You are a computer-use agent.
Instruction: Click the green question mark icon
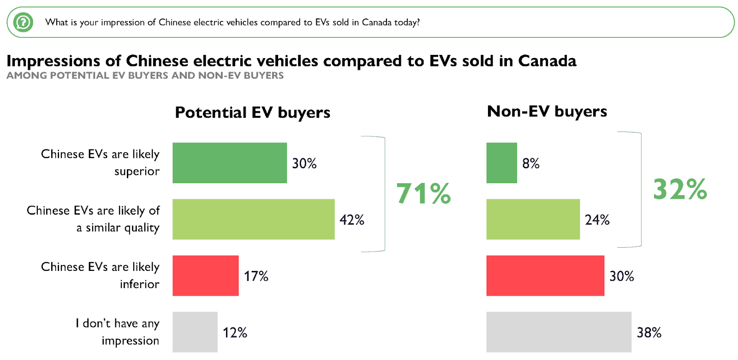23,22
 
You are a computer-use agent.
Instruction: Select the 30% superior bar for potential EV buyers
230,163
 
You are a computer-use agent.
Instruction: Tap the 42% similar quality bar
253,219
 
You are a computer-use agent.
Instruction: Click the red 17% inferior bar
206,276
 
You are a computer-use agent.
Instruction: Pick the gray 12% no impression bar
195,332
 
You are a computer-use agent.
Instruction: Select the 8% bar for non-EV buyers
501,163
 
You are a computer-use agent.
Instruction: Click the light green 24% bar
533,219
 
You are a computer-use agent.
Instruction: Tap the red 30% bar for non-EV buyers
545,276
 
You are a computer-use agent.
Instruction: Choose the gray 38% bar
559,332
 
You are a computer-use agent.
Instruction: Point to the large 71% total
423,193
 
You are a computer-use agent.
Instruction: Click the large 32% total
680,189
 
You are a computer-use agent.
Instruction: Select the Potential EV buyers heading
252,113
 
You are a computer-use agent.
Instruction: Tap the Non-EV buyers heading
547,111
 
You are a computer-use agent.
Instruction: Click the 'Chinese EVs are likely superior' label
100,162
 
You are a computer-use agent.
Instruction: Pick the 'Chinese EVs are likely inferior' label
100,275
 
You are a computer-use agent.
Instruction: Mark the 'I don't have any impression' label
117,332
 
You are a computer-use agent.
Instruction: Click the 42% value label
352,220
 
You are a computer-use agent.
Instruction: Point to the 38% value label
649,332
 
